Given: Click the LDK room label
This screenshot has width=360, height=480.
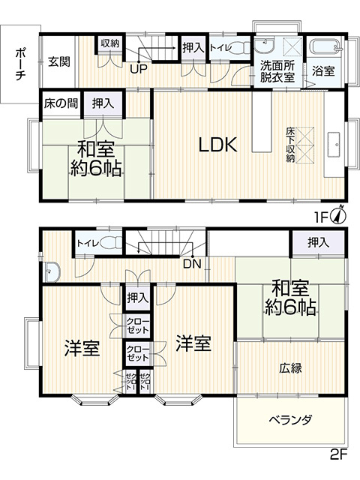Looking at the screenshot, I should [217, 145].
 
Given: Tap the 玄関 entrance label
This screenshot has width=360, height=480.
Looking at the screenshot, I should [59, 62].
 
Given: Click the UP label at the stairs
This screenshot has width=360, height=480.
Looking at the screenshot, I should [139, 70].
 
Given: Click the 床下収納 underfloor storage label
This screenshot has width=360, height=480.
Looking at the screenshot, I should [290, 145].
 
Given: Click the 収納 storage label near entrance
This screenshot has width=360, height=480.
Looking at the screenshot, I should [110, 43].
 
